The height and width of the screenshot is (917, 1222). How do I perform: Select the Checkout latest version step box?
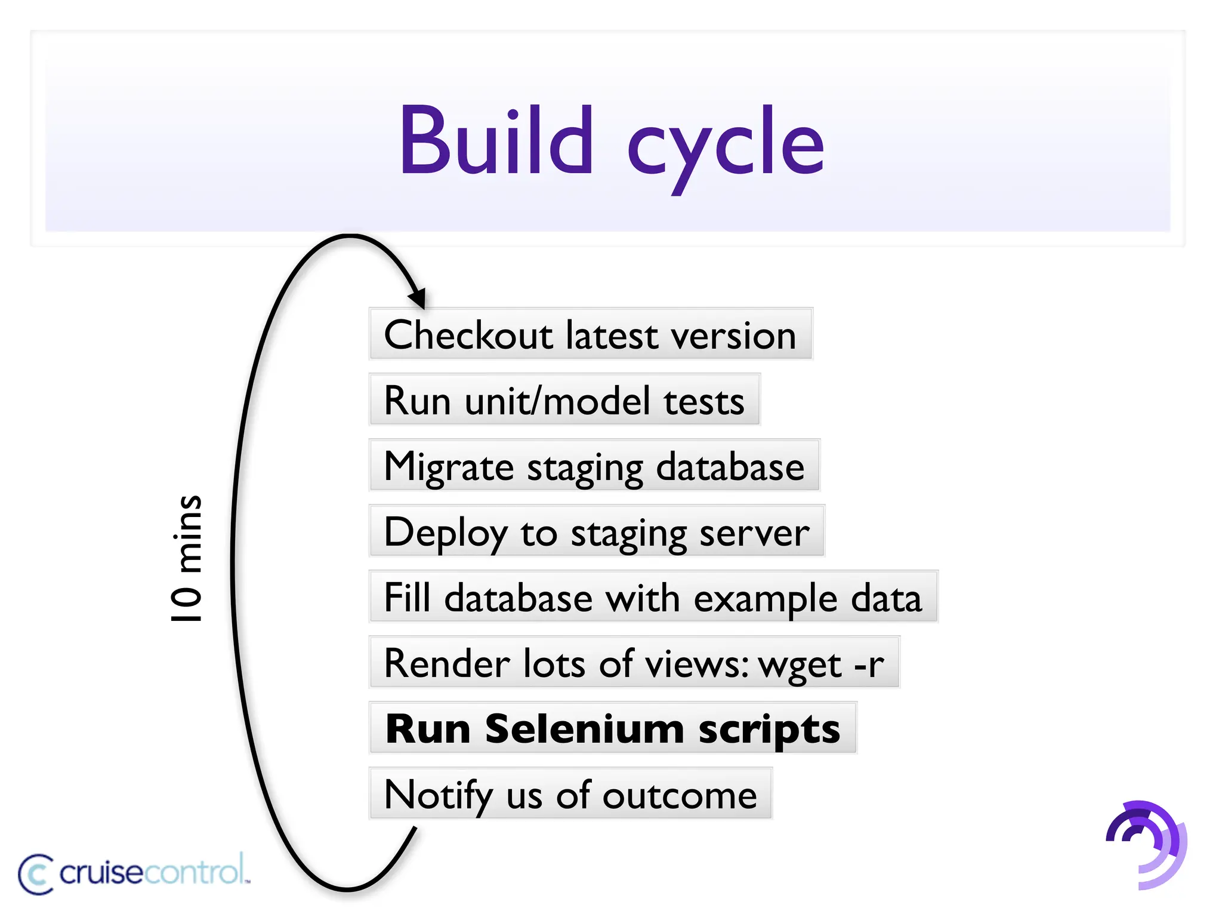tap(591, 334)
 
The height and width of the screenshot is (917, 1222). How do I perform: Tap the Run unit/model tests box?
tap(564, 400)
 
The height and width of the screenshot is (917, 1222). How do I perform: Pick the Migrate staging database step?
tap(594, 466)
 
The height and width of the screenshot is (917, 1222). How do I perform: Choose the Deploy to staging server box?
tap(597, 531)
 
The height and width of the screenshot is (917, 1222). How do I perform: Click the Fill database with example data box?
tap(653, 597)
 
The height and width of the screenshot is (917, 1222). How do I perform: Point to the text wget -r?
tap(821, 664)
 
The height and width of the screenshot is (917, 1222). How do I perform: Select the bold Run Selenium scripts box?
tap(613, 728)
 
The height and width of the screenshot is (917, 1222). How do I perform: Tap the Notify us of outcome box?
tap(570, 794)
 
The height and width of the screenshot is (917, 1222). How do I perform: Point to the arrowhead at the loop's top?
tap(418, 297)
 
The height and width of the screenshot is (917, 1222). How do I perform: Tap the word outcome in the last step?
tap(680, 795)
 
